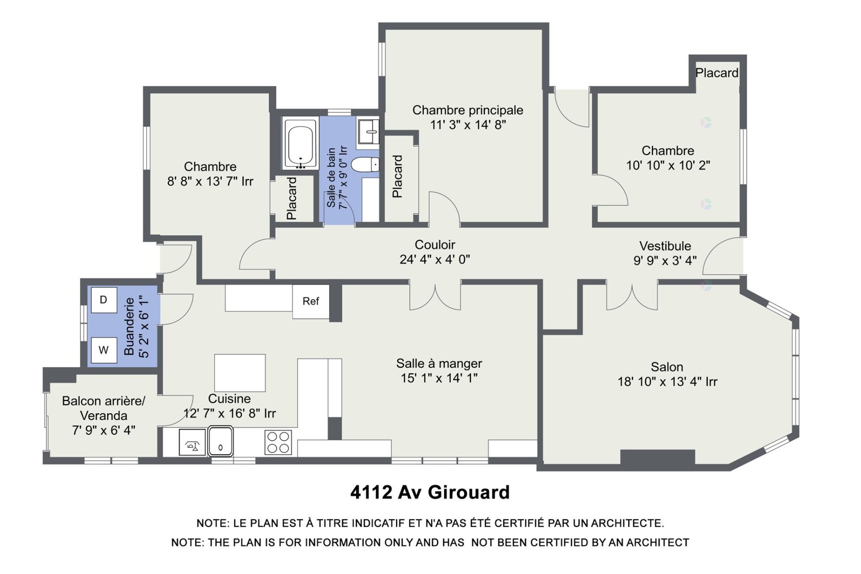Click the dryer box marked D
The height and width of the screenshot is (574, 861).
pyautogui.click(x=104, y=300)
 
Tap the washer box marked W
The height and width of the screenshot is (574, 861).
pyautogui.click(x=104, y=350)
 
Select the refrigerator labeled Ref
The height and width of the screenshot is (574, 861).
pyautogui.click(x=310, y=301)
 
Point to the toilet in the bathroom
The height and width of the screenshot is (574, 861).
pyautogui.click(x=365, y=165)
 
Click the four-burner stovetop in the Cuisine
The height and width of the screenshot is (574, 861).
pyautogui.click(x=278, y=442)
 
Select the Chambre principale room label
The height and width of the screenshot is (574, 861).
pyautogui.click(x=467, y=110)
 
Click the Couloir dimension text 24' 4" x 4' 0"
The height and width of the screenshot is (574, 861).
pyautogui.click(x=435, y=260)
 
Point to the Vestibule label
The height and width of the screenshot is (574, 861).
pyautogui.click(x=665, y=246)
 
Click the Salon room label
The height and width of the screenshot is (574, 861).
pyautogui.click(x=667, y=367)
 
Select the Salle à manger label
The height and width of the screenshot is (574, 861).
pyautogui.click(x=439, y=364)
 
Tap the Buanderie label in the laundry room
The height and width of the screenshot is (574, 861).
pyautogui.click(x=129, y=326)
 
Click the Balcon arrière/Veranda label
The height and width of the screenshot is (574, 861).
pyautogui.click(x=104, y=408)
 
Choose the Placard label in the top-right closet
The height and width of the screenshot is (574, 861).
pyautogui.click(x=717, y=73)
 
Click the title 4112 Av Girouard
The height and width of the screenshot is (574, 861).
pyautogui.click(x=430, y=492)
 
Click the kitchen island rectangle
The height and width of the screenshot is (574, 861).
pyautogui.click(x=239, y=373)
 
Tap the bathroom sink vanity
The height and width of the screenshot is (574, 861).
pyautogui.click(x=368, y=131)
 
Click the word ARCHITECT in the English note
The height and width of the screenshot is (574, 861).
pyautogui.click(x=657, y=543)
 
